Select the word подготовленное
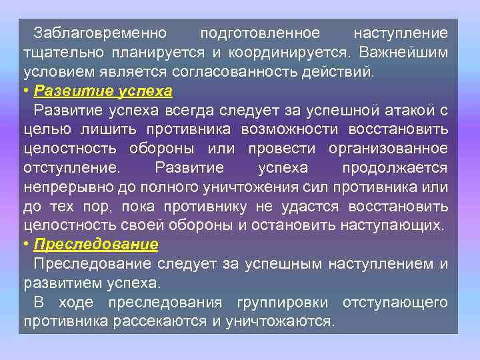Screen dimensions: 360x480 (x=260, y=33)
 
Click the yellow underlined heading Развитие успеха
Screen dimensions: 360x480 (x=103, y=91)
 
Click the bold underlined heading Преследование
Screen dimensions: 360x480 (x=96, y=245)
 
